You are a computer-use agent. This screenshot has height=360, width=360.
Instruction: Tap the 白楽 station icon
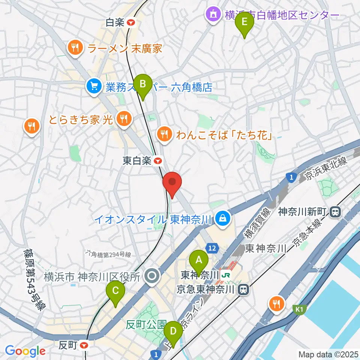(131, 23)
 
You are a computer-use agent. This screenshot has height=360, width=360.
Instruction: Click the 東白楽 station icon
(158, 161)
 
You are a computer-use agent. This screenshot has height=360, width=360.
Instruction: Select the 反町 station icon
(84, 345)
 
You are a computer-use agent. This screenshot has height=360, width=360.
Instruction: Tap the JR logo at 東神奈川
(226, 275)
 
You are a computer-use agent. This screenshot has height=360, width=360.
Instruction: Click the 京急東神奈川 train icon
(244, 289)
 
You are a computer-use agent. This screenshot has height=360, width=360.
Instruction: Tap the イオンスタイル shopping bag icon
(223, 218)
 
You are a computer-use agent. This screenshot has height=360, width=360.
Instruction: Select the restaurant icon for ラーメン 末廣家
(75, 48)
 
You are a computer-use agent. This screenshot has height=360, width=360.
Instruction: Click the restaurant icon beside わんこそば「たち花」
(164, 133)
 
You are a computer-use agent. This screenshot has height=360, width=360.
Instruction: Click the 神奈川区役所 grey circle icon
(152, 277)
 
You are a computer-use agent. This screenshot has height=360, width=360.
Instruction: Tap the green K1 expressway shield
(299, 309)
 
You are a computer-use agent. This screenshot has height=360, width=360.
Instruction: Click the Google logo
(25, 351)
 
